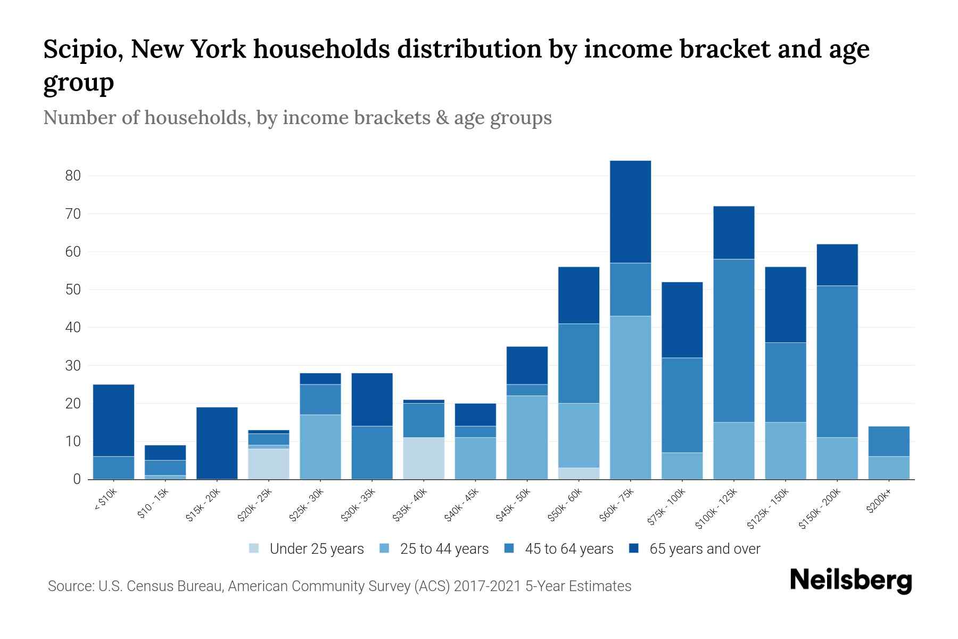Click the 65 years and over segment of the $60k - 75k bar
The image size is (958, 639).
pyautogui.click(x=630, y=211)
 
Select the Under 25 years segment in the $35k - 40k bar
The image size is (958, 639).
pyautogui.click(x=424, y=458)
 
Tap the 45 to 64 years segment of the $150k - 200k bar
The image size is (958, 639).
pyautogui.click(x=837, y=361)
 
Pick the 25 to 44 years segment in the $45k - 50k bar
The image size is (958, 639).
pyautogui.click(x=527, y=437)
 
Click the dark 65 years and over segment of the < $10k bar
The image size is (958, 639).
pyautogui.click(x=113, y=420)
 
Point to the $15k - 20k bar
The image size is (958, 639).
pyautogui.click(x=217, y=443)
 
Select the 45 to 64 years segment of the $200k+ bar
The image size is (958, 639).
pyautogui.click(x=889, y=441)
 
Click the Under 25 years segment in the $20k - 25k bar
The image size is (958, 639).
pyautogui.click(x=268, y=464)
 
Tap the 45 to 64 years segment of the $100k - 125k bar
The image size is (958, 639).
pyautogui.click(x=733, y=341)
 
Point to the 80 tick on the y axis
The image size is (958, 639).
pyautogui.click(x=72, y=176)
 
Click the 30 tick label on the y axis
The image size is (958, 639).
pyautogui.click(x=72, y=366)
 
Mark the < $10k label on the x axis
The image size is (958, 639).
pyautogui.click(x=105, y=501)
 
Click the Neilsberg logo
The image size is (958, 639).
pyautogui.click(x=850, y=580)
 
